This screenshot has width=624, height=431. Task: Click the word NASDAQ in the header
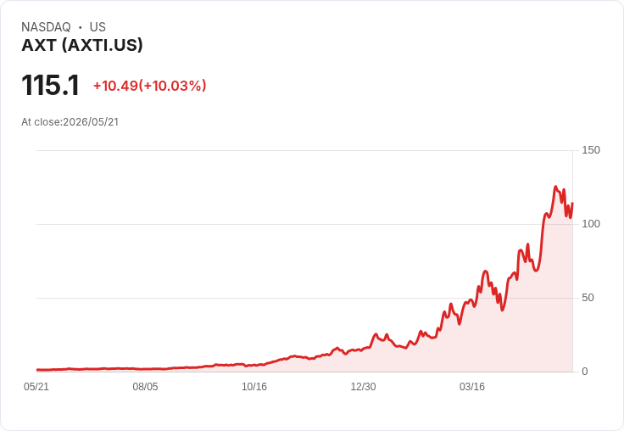pyautogui.click(x=46, y=27)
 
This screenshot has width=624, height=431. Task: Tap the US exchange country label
pyautogui.click(x=97, y=27)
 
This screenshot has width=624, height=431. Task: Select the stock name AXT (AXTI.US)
pyautogui.click(x=82, y=45)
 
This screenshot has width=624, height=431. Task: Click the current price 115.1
pyautogui.click(x=51, y=85)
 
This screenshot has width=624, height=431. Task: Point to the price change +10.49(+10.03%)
pyautogui.click(x=149, y=86)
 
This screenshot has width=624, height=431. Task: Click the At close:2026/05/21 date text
pyautogui.click(x=70, y=122)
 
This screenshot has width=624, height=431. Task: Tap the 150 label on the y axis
pyautogui.click(x=591, y=150)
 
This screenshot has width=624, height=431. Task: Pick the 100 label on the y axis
pyautogui.click(x=591, y=224)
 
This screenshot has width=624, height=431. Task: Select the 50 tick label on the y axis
pyautogui.click(x=588, y=298)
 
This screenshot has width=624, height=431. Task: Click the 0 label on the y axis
pyautogui.click(x=585, y=372)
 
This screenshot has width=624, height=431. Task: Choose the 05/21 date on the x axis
pyautogui.click(x=36, y=387)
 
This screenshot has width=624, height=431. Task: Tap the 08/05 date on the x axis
pyautogui.click(x=145, y=387)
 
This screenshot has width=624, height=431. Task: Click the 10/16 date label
pyautogui.click(x=254, y=387)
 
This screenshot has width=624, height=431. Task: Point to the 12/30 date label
pyautogui.click(x=363, y=387)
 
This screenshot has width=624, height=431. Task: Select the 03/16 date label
pyautogui.click(x=472, y=387)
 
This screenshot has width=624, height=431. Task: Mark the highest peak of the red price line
pyautogui.click(x=555, y=187)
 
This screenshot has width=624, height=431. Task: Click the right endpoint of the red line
pyautogui.click(x=572, y=203)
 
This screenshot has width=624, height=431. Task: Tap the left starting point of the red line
pyautogui.click(x=37, y=370)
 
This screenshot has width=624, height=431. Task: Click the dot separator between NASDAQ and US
pyautogui.click(x=80, y=27)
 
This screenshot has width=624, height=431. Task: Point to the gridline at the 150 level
pyautogui.click(x=304, y=150)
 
